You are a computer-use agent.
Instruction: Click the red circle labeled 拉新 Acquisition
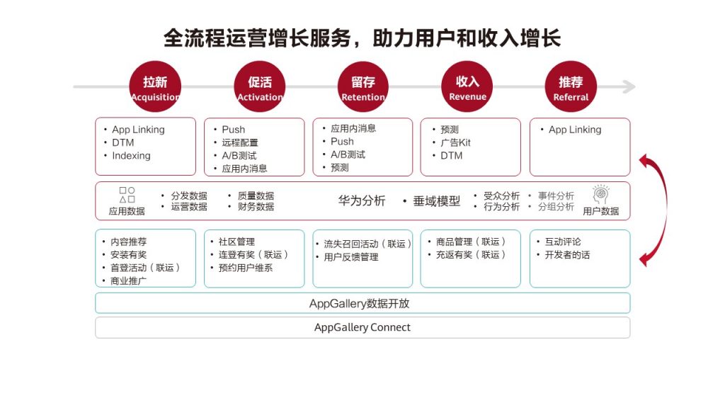155,86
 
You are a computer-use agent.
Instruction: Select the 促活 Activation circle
259,86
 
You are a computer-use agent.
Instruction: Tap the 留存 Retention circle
363,86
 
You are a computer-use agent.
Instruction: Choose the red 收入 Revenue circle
467,86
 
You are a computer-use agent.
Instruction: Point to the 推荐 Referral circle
571,86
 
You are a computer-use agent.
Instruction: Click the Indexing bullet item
131,156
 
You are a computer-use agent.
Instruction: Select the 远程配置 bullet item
240,142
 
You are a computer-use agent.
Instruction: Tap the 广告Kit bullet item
455,142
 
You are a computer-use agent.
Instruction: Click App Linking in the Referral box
575,130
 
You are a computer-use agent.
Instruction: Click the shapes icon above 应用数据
127,195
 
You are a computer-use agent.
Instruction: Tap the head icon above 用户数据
600,194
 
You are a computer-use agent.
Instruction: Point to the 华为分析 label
362,200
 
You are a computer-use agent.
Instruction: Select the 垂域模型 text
436,200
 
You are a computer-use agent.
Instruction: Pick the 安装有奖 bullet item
129,255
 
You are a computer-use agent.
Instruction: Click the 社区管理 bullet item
236,242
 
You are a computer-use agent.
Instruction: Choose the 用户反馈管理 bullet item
351,257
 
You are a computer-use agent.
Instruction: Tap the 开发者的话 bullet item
567,255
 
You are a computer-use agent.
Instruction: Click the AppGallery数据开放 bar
362,303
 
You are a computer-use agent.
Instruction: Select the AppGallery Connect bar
362,327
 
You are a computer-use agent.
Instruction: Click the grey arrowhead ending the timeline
629,86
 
